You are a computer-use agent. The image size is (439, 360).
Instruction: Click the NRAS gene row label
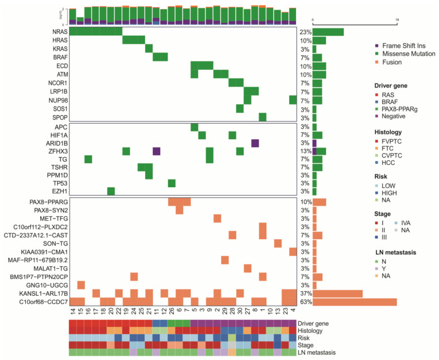click(x=59, y=32)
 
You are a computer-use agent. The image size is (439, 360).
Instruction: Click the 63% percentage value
click(x=304, y=302)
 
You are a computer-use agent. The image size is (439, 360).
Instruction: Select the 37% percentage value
click(x=304, y=293)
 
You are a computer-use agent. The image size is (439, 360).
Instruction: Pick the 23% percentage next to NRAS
click(x=304, y=32)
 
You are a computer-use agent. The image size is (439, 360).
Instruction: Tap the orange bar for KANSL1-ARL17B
click(x=337, y=293)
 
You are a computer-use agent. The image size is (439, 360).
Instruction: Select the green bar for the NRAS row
click(x=328, y=32)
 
